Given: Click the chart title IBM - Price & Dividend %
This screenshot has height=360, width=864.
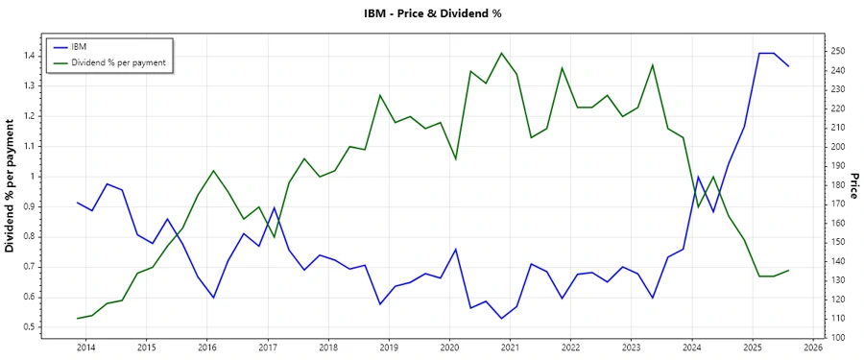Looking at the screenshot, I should pos(432,13).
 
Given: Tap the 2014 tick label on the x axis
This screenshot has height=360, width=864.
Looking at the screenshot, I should pos(85,347).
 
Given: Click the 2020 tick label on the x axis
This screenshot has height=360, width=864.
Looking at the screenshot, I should pos(449,347).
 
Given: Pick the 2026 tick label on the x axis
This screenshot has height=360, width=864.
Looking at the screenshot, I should pos(813,347).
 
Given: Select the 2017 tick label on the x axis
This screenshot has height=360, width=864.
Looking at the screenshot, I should pos(268,347).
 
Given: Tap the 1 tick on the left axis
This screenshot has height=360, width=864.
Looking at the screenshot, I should pos(34,177).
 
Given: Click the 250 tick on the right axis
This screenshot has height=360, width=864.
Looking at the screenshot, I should pos(838,51).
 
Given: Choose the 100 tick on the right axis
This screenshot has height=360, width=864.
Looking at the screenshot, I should pos(838,338).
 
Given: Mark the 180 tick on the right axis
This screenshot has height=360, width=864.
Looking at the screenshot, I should pos(838,185).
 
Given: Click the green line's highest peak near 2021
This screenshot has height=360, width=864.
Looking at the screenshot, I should pos(501,53).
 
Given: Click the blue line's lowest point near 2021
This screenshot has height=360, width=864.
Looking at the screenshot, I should pos(501,319).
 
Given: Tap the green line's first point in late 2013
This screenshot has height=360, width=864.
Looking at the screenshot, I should pos(77,319).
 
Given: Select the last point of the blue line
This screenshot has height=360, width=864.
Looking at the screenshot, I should pos(789,66).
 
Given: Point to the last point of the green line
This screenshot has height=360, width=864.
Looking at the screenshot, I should pos(789,270).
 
